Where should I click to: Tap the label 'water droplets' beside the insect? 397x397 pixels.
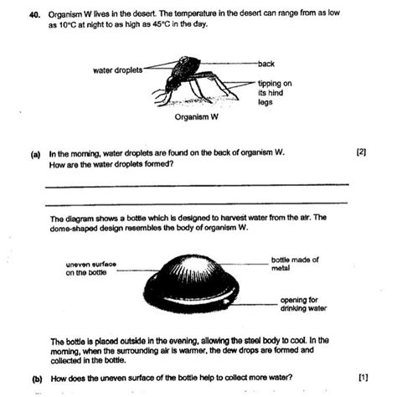[x=118, y=70]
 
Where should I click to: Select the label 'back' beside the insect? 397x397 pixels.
[x=267, y=64]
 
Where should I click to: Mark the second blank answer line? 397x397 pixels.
[x=205, y=204]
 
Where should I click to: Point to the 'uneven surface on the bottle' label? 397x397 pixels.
[x=91, y=268]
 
